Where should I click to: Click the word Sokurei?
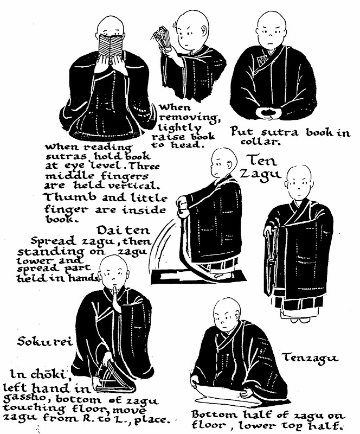44,341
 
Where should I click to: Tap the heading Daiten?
124,229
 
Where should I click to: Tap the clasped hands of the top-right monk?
268,113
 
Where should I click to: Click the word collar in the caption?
259,142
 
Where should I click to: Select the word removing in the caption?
189,117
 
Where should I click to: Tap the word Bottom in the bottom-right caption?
215,414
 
